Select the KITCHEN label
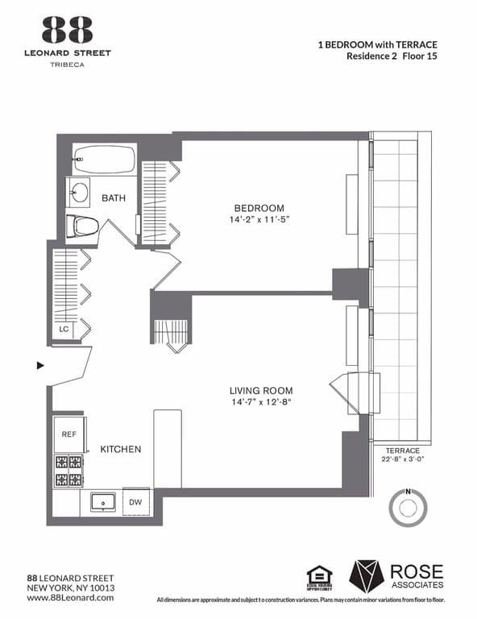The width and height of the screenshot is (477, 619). tap(121, 449)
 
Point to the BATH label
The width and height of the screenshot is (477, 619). tap(112, 197)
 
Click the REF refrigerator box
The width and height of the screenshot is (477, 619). tap(69, 434)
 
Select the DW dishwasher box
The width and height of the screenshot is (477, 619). tap(136, 501)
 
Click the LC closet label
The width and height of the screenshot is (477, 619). tap(64, 329)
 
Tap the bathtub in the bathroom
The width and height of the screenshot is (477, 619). tap(104, 160)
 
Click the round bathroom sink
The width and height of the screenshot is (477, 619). tap(79, 192)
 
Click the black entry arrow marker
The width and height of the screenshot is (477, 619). tap(40, 365)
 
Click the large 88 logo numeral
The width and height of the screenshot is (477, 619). tap(68, 31)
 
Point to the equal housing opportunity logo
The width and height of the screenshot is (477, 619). tap(320, 576)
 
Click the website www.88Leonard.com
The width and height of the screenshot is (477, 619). tap(71, 597)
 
